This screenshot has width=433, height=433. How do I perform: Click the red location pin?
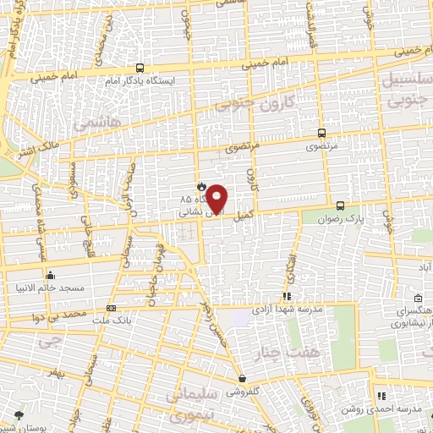pyautogui.click(x=217, y=199)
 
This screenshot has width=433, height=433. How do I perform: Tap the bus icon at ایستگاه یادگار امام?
pyautogui.click(x=140, y=69)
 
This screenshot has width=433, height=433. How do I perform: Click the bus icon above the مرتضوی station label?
pyautogui.click(x=321, y=133)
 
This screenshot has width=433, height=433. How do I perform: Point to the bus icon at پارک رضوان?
pyautogui.click(x=340, y=206)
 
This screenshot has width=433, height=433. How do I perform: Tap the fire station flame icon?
pyautogui.click(x=200, y=187)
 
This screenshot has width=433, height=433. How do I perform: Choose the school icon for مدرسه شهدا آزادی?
pyautogui.click(x=287, y=297)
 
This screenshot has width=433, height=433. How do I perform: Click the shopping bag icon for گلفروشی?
pyautogui.click(x=242, y=379)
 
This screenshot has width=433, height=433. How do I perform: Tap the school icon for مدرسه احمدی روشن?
pyautogui.click(x=381, y=396)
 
